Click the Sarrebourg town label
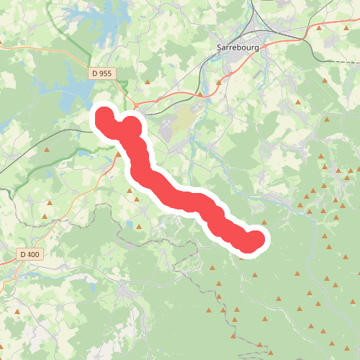point(238,48)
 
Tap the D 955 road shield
point(102,73)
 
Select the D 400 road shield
point(30,254)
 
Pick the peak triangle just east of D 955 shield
point(148,83)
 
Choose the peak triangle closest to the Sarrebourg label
point(219,82)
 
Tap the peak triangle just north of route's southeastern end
point(264,222)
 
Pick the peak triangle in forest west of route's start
point(48,150)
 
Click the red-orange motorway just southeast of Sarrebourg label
point(281,40)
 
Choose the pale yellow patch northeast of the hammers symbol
point(184,115)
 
